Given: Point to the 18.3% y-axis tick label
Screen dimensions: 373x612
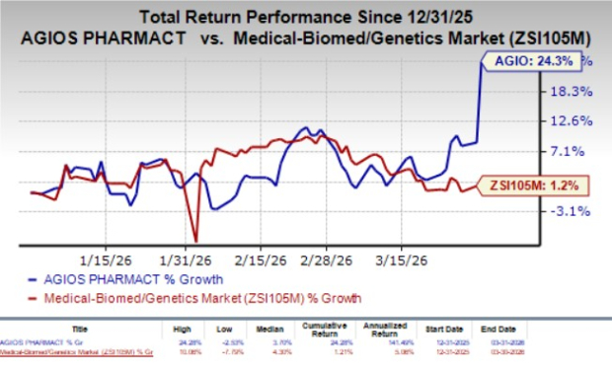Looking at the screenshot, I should coord(571,91).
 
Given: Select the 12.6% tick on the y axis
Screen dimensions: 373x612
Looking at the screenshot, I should coord(571,121).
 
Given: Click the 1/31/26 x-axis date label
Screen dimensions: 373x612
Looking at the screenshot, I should coord(195,261).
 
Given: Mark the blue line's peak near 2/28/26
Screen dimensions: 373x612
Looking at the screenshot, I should coord(309,128).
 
